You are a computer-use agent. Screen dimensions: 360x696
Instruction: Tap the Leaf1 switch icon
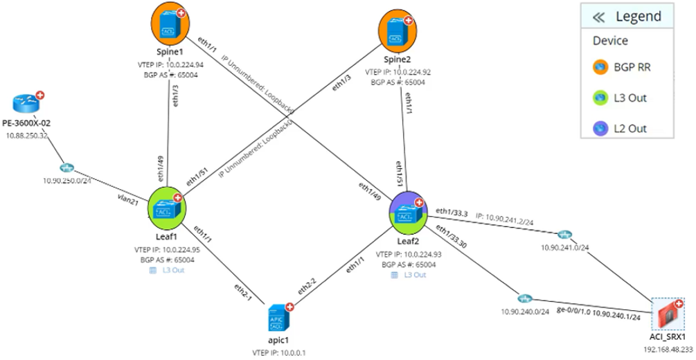168,206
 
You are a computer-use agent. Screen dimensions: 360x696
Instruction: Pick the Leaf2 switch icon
407,211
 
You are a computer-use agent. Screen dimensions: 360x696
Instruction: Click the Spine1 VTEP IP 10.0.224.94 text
170,64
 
